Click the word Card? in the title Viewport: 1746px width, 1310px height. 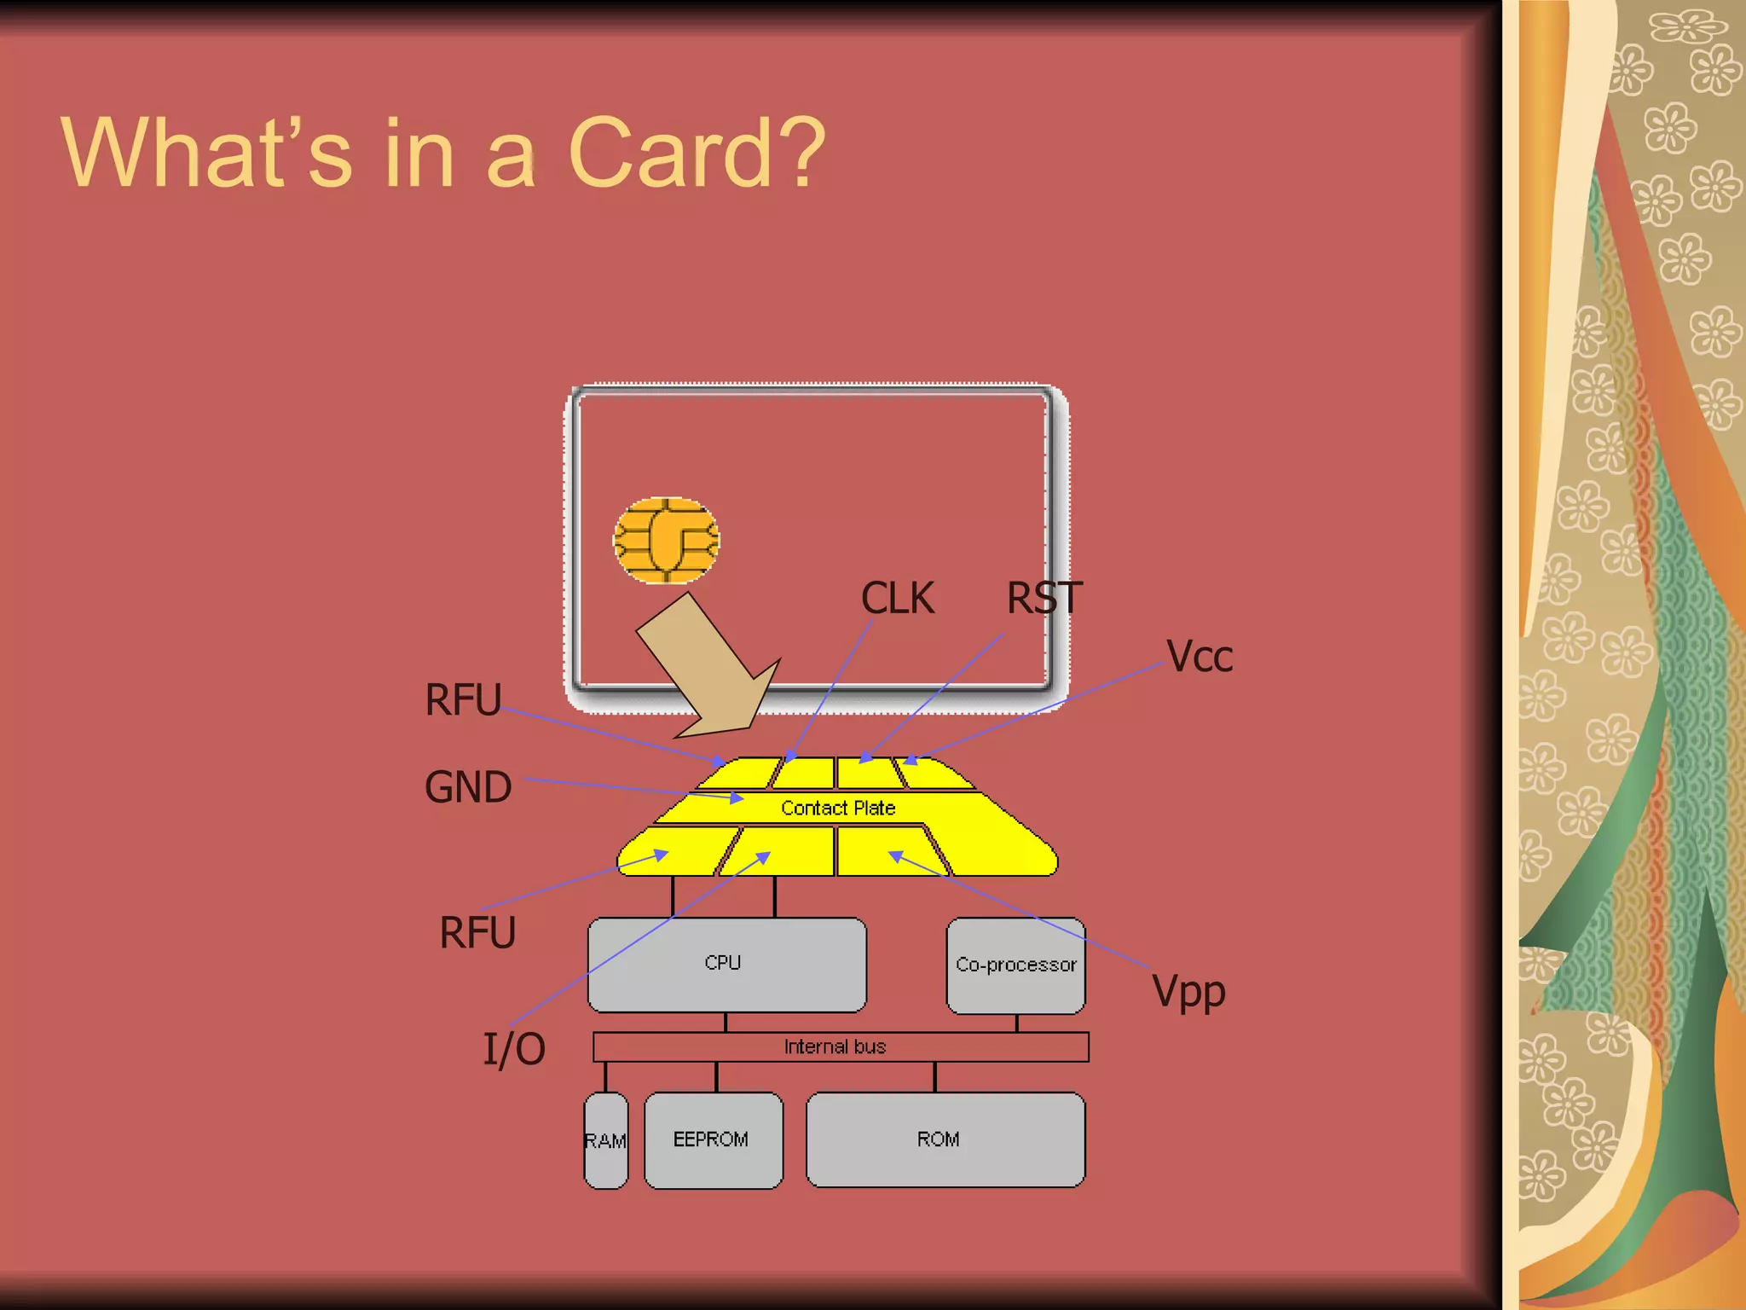click(x=696, y=154)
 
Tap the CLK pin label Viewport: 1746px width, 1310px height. click(x=897, y=598)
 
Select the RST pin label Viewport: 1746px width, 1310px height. click(x=1044, y=598)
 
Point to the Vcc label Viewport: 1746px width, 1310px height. click(x=1200, y=657)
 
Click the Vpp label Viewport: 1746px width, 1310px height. click(x=1188, y=992)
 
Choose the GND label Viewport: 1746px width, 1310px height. click(x=468, y=786)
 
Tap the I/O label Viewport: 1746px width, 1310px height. click(x=514, y=1048)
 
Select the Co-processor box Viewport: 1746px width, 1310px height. click(x=1015, y=965)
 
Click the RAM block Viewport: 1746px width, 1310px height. click(x=605, y=1140)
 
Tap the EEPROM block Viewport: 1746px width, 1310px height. click(x=713, y=1140)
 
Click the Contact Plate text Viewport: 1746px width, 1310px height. click(x=838, y=808)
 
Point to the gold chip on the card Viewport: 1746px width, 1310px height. click(x=666, y=540)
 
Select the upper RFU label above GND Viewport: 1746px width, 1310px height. click(x=463, y=699)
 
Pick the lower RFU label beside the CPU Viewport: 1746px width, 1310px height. click(x=477, y=932)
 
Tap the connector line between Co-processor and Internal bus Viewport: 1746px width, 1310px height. click(x=1016, y=1023)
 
